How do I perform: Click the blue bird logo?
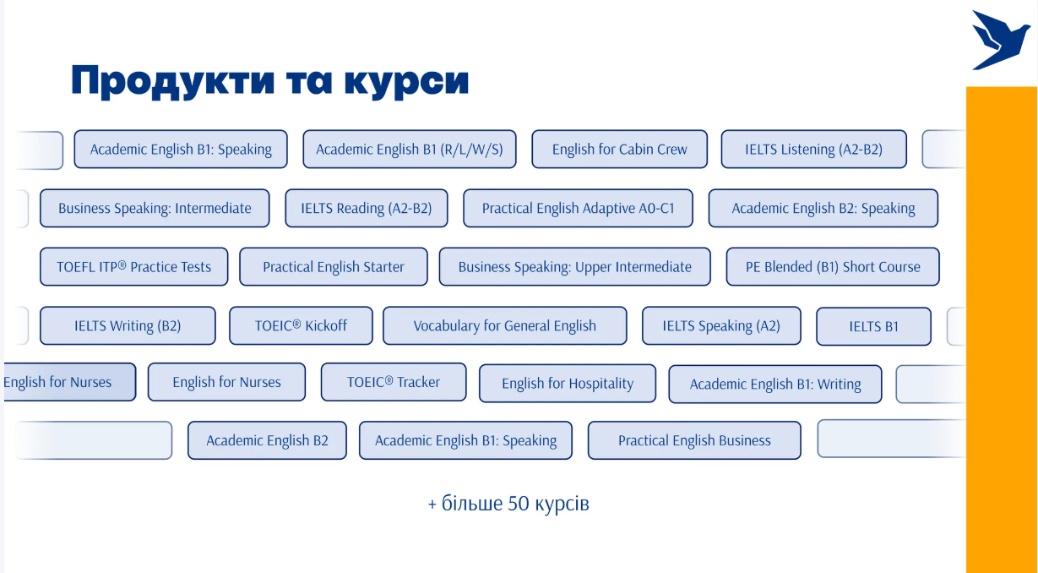tap(1000, 41)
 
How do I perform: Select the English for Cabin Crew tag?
tap(620, 150)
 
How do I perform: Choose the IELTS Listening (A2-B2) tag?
tap(813, 150)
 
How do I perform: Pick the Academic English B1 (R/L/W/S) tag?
tap(409, 150)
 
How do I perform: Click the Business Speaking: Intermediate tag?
tap(155, 208)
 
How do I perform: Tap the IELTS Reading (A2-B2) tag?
tap(367, 208)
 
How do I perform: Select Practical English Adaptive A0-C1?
tap(579, 208)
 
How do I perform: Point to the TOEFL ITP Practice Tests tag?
tap(134, 266)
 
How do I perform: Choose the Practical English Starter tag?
tap(334, 266)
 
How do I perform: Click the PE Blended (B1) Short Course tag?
tap(833, 266)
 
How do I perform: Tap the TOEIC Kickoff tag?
tap(301, 325)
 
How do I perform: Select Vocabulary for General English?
tap(504, 325)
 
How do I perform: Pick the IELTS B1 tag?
tap(873, 326)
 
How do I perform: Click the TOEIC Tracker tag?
tap(394, 382)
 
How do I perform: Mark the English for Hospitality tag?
tap(568, 384)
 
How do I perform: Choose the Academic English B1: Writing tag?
tap(775, 385)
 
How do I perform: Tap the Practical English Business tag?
tap(694, 440)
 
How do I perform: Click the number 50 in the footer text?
tap(519, 504)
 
